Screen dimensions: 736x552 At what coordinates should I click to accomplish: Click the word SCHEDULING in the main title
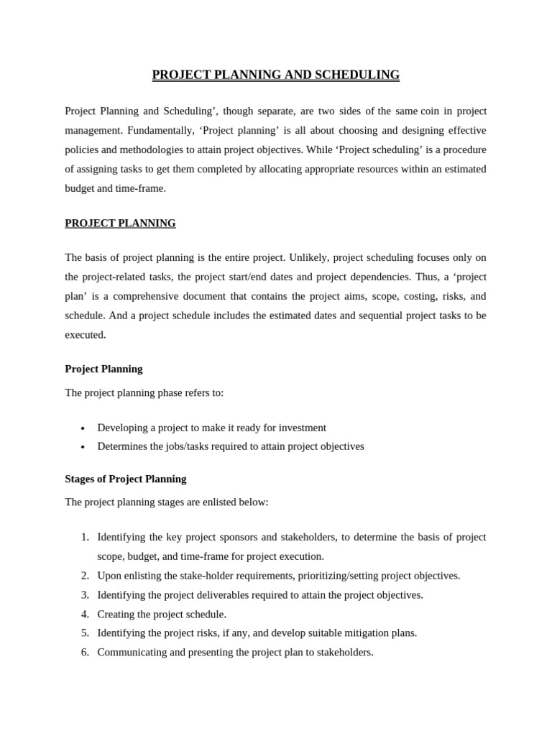[354, 75]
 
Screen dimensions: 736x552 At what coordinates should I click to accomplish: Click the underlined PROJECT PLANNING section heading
[120, 223]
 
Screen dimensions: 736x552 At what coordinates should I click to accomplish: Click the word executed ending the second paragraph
[84, 334]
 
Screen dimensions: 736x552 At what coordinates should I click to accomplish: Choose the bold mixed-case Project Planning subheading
[103, 369]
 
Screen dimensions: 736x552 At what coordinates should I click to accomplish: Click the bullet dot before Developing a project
[83, 428]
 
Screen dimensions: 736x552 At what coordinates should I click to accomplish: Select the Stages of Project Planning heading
[125, 479]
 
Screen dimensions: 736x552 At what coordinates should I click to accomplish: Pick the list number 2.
[85, 576]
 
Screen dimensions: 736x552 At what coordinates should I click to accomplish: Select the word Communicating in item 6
[130, 653]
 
